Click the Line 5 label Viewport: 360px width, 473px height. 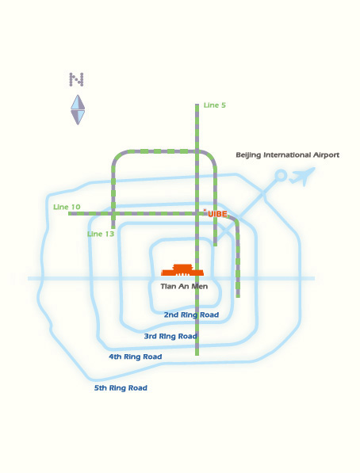pyautogui.click(x=215, y=105)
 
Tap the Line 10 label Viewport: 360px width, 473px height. pyautogui.click(x=67, y=207)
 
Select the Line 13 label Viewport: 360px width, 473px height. pyautogui.click(x=101, y=234)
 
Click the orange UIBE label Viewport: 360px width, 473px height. pyautogui.click(x=217, y=214)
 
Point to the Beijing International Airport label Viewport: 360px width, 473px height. pyautogui.click(x=288, y=155)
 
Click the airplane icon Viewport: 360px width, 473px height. pyautogui.click(x=302, y=177)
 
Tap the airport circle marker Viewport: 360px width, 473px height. pyautogui.click(x=281, y=175)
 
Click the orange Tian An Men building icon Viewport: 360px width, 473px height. pyautogui.click(x=182, y=269)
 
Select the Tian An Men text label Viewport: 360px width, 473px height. pyautogui.click(x=184, y=286)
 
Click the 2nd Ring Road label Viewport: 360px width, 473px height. pyautogui.click(x=191, y=315)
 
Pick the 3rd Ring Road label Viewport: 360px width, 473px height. pyautogui.click(x=170, y=336)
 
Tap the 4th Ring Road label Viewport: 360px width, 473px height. pyautogui.click(x=136, y=357)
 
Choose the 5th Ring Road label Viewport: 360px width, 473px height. pyautogui.click(x=121, y=388)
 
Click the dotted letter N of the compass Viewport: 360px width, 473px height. pyautogui.click(x=76, y=80)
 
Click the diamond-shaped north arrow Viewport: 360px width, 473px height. pyautogui.click(x=78, y=110)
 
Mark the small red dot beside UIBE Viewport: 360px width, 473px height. pyautogui.click(x=205, y=210)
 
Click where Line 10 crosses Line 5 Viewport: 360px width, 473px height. pyautogui.click(x=197, y=214)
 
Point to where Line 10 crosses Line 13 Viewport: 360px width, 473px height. pyautogui.click(x=113, y=214)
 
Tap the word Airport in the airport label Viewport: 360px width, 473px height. pyautogui.click(x=326, y=155)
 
